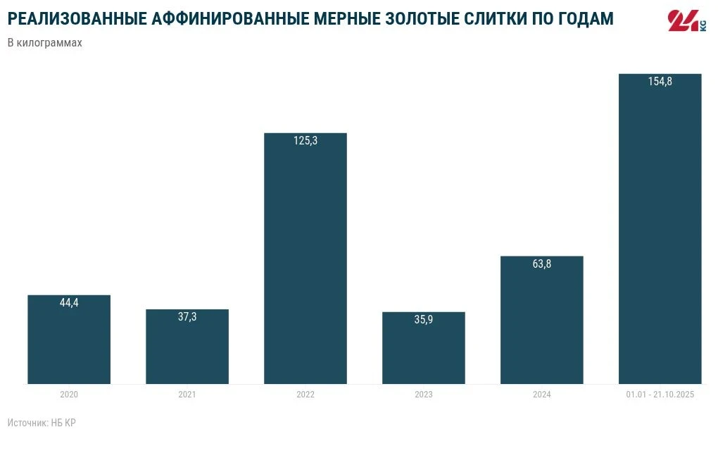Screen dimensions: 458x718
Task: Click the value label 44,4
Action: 69,303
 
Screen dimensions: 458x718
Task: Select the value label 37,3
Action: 187,317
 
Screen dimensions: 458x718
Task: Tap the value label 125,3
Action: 306,141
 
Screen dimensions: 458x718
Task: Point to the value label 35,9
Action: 424,320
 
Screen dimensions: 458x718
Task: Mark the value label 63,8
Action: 542,264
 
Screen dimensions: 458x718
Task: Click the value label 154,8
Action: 660,82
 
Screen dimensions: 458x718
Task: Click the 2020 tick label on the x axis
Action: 69,395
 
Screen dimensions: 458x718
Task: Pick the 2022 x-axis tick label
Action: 306,395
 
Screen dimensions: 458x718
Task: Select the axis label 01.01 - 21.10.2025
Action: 660,395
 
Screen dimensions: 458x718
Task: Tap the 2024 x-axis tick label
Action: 542,395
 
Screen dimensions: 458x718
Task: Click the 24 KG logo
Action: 686,21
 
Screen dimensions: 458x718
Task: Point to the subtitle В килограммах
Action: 45,43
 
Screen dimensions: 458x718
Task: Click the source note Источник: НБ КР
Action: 42,423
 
